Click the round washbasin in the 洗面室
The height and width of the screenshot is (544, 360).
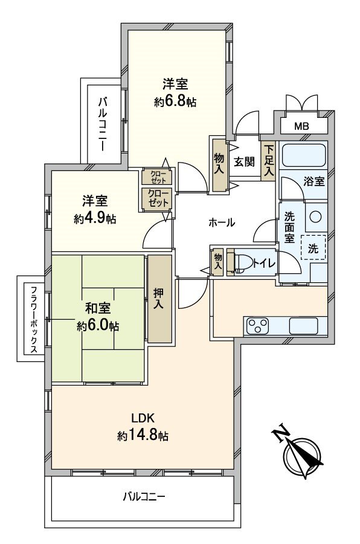[314, 216]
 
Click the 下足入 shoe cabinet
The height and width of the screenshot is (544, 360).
[268, 161]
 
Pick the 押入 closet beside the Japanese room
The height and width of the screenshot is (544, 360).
[159, 299]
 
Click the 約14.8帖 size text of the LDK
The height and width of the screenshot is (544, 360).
[143, 435]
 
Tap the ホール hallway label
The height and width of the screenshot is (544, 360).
[221, 223]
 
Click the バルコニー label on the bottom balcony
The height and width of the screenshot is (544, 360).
[144, 497]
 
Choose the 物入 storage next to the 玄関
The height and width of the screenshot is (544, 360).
[219, 163]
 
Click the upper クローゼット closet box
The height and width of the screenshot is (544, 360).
[156, 177]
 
